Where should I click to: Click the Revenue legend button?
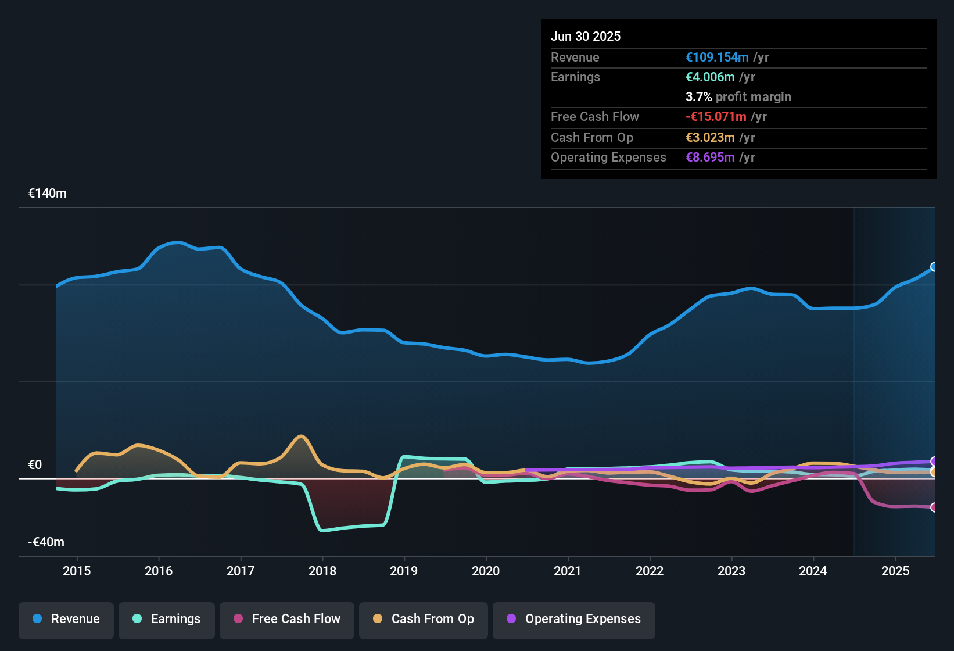(x=66, y=619)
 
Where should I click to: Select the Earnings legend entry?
(x=167, y=619)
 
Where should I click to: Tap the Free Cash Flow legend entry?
(x=287, y=619)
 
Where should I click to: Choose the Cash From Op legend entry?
(x=424, y=619)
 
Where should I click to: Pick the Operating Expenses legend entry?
(x=574, y=619)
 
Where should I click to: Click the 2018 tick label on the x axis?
(x=322, y=571)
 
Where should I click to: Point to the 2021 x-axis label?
(x=568, y=571)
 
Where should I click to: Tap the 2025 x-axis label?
(x=895, y=571)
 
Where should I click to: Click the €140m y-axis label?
(x=48, y=194)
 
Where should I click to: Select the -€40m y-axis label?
(x=46, y=542)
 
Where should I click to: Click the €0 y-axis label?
(x=35, y=465)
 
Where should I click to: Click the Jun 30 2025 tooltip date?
(x=586, y=36)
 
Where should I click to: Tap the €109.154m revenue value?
(x=717, y=58)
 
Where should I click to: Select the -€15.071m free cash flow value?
(x=716, y=117)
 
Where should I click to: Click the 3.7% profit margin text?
(x=738, y=97)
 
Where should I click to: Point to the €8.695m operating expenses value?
(x=710, y=158)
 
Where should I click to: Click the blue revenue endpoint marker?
(x=934, y=267)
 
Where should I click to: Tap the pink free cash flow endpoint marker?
(x=934, y=507)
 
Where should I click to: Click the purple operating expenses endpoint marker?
(x=934, y=462)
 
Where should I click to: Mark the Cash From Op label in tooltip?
(x=591, y=138)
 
